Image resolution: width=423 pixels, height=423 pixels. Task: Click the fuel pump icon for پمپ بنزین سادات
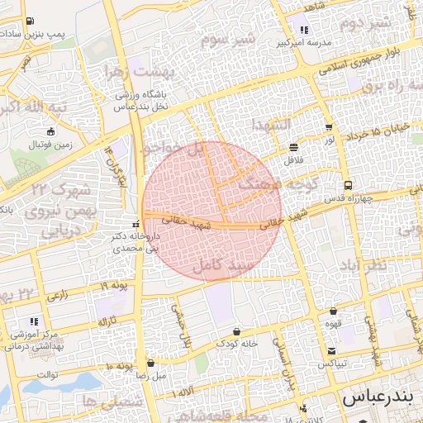[31, 21]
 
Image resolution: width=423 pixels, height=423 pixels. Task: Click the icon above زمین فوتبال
[52, 131]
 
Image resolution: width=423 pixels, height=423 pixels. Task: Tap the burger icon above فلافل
[294, 147]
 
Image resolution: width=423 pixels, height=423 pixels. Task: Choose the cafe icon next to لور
[329, 127]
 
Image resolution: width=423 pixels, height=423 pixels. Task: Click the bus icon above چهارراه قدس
[348, 185]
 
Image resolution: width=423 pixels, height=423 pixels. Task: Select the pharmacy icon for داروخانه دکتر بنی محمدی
[135, 224]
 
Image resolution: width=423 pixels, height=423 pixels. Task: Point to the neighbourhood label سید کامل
[221, 267]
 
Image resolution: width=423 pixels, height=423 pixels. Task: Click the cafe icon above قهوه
[333, 311]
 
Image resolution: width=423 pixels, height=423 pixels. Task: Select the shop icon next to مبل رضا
[150, 363]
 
